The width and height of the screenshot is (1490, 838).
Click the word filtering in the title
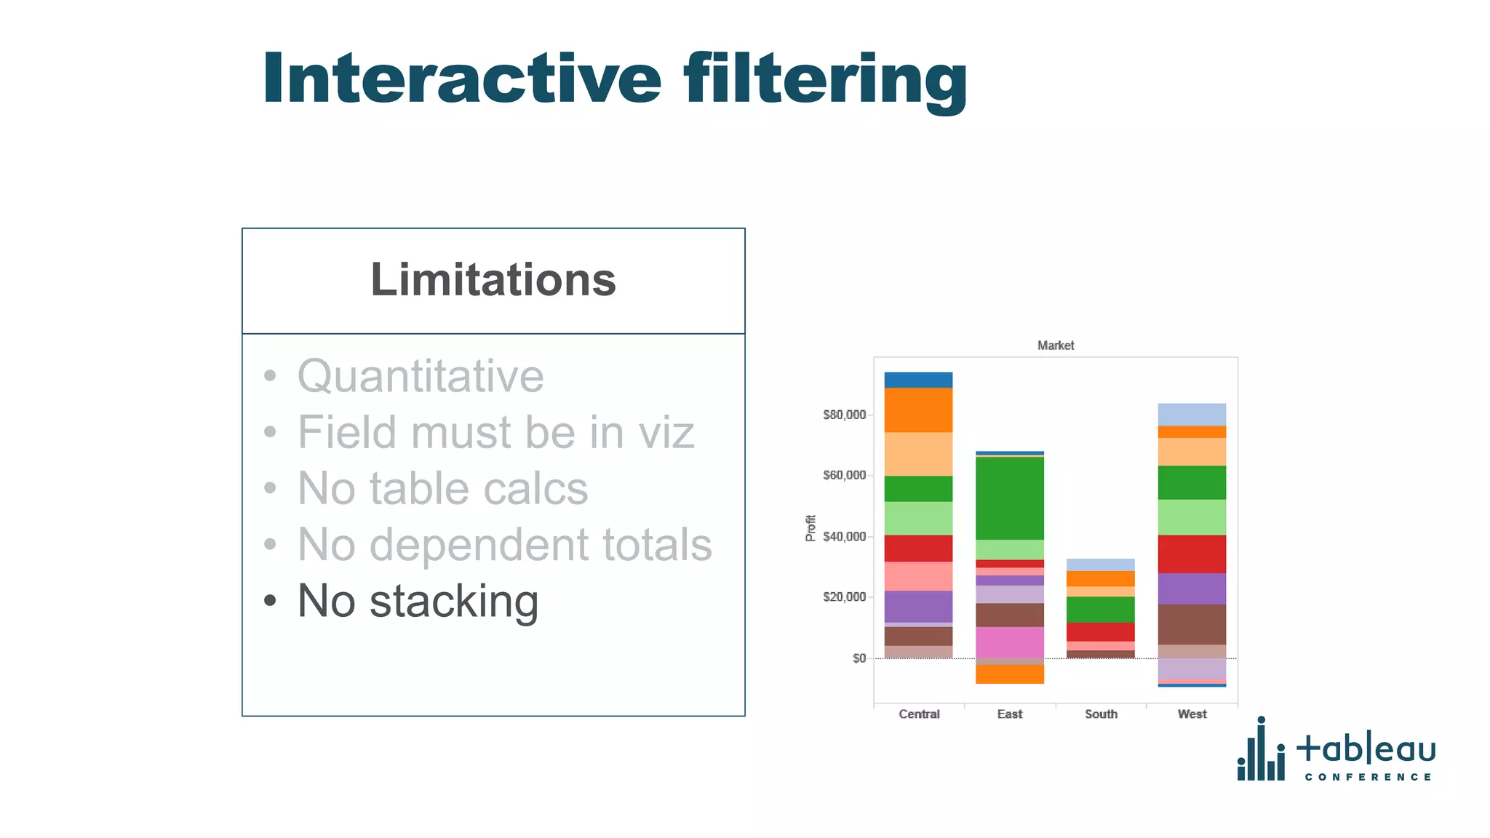pyautogui.click(x=825, y=80)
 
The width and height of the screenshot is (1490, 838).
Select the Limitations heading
pyautogui.click(x=493, y=280)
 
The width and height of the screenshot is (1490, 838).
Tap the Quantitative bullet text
pyautogui.click(x=421, y=376)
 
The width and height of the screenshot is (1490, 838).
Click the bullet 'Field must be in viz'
pyautogui.click(x=495, y=432)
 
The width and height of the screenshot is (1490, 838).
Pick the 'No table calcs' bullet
pyautogui.click(x=442, y=488)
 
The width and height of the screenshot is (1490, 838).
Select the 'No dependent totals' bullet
pyautogui.click(x=504, y=544)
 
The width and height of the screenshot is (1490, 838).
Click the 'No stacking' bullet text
pyautogui.click(x=418, y=601)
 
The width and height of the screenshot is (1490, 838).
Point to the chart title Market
pyautogui.click(x=1055, y=346)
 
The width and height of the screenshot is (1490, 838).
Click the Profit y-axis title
pyautogui.click(x=810, y=528)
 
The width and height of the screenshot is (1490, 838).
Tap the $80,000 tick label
pyautogui.click(x=844, y=415)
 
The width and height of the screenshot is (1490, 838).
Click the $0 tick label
pyautogui.click(x=859, y=658)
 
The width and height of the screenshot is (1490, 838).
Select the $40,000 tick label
pyautogui.click(x=844, y=537)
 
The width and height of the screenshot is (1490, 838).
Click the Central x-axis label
pyautogui.click(x=919, y=714)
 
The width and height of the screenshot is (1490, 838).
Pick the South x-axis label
pyautogui.click(x=1101, y=714)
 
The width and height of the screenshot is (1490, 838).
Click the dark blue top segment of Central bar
pyautogui.click(x=918, y=380)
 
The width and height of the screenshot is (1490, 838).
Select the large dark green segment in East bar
pyautogui.click(x=1009, y=498)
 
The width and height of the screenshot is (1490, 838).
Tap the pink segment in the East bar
pyautogui.click(x=1009, y=642)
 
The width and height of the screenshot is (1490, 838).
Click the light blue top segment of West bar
pyautogui.click(x=1192, y=414)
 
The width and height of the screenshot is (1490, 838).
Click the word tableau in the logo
pyautogui.click(x=1366, y=749)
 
